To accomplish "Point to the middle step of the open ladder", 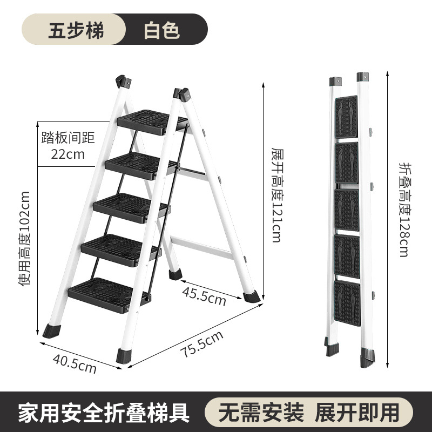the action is tap(130, 206).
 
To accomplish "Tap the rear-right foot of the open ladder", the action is tap(251, 296).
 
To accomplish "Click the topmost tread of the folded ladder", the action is tap(346, 116).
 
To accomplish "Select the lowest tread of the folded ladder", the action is tap(347, 300).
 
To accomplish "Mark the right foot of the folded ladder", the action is tap(368, 356).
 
